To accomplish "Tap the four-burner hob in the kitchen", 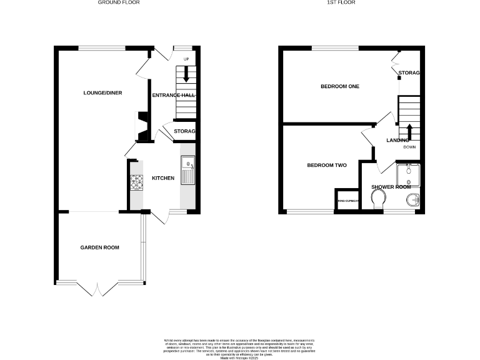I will tap(136, 182).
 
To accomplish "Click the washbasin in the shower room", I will tap(411, 200).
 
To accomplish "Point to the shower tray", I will tap(407, 175).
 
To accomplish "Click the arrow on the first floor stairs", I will tap(409, 132).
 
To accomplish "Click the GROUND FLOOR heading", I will tap(119, 3).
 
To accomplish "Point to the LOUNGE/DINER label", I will tap(102, 93).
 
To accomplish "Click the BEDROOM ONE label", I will tap(339, 86).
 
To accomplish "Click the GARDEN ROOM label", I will tap(99, 247).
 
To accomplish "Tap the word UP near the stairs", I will tap(186, 59).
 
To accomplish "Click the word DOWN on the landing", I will tap(409, 147).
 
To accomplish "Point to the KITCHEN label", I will tap(163, 179).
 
